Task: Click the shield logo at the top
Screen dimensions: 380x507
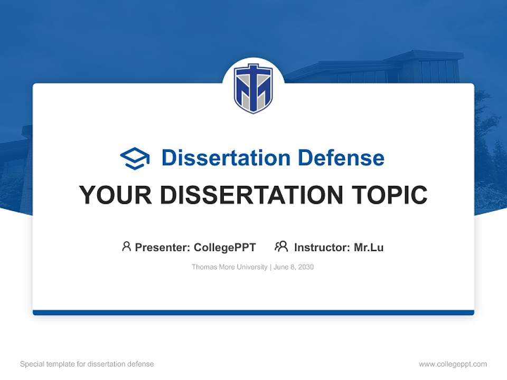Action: pos(253,88)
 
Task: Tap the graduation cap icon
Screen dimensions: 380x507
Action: pos(135,158)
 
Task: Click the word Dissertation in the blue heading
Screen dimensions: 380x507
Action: pos(226,158)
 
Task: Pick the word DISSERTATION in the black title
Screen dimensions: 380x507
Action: pos(252,195)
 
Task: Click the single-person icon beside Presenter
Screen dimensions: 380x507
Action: pos(126,246)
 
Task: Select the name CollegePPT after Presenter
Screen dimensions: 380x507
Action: pos(224,247)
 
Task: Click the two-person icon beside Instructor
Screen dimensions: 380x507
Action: pos(281,246)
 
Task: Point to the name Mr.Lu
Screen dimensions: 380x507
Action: pos(369,247)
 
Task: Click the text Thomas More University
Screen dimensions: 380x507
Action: pos(229,267)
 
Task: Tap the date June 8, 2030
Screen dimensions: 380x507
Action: pos(294,267)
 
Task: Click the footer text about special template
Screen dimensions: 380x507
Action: pos(87,364)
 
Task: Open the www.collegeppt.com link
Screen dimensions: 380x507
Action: pos(453,364)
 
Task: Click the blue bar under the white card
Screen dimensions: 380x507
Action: pos(253,312)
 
